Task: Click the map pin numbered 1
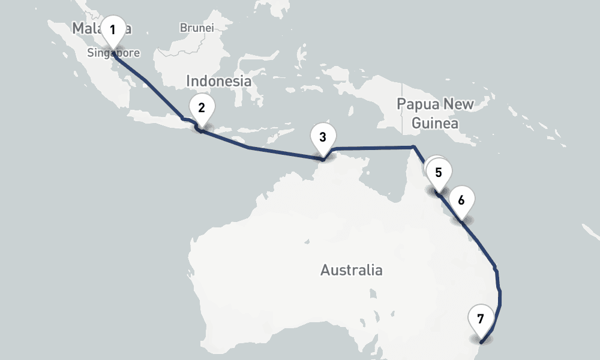click(x=113, y=29)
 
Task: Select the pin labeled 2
click(x=202, y=108)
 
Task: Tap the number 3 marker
click(x=323, y=137)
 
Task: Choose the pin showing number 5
click(x=439, y=173)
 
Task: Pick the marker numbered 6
click(x=461, y=200)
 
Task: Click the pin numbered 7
click(x=481, y=319)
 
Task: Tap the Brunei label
click(x=196, y=28)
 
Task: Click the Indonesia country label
click(x=218, y=80)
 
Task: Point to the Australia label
click(x=351, y=270)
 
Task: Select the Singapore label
click(x=113, y=53)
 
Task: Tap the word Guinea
click(x=435, y=124)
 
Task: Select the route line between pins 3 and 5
click(x=372, y=148)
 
